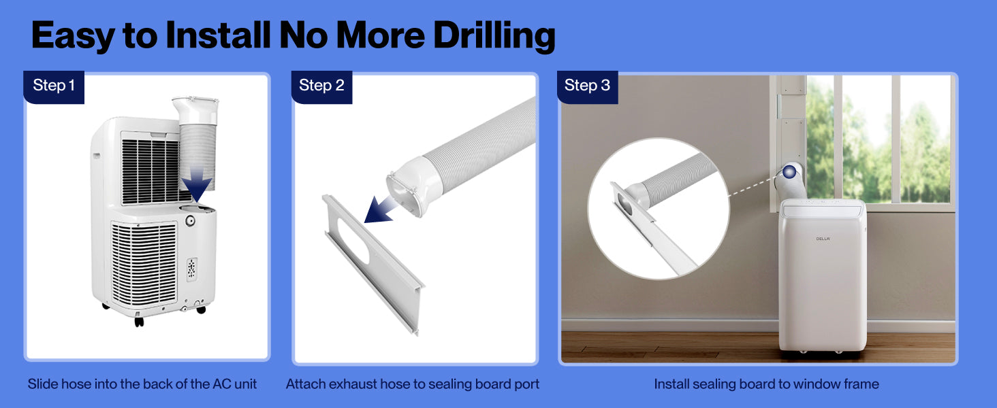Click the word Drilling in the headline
(x=494, y=35)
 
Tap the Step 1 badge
(x=54, y=86)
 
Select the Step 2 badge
(x=321, y=86)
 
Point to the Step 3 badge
(x=587, y=86)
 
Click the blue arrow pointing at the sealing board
(x=381, y=209)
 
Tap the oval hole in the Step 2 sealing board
(x=353, y=240)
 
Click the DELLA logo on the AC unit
(x=823, y=239)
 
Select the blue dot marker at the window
(x=789, y=172)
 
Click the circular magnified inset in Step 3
(x=659, y=209)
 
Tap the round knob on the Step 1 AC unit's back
(x=190, y=220)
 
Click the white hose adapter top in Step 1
(x=196, y=109)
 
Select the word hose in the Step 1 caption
(x=76, y=384)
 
